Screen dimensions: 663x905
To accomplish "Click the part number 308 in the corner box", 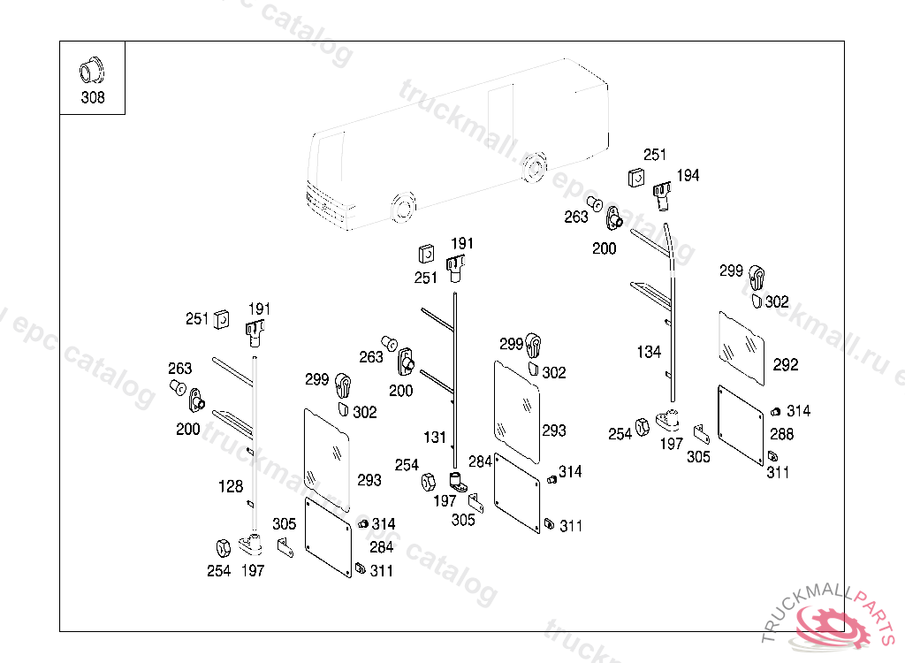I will coord(92,97).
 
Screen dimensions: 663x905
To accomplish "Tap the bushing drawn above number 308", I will coord(90,68).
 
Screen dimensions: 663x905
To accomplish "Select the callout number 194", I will coord(688,176).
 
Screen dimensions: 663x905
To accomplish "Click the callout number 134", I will coord(649,352).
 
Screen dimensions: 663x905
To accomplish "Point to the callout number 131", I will coord(435,438).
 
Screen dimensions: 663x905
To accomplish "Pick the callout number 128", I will coord(231,486).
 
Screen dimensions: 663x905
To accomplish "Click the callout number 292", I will coord(785,364).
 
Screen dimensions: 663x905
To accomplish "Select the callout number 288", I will coord(781,434).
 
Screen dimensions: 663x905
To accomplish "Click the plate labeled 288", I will coord(740,425).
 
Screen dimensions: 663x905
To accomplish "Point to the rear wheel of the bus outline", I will coord(533,169).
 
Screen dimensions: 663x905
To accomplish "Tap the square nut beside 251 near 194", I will coord(636,177).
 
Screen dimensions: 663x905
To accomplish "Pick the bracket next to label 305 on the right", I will coord(702,434).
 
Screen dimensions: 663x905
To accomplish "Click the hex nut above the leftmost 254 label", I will coord(222,548).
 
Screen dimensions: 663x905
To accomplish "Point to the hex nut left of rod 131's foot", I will coord(427,483).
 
